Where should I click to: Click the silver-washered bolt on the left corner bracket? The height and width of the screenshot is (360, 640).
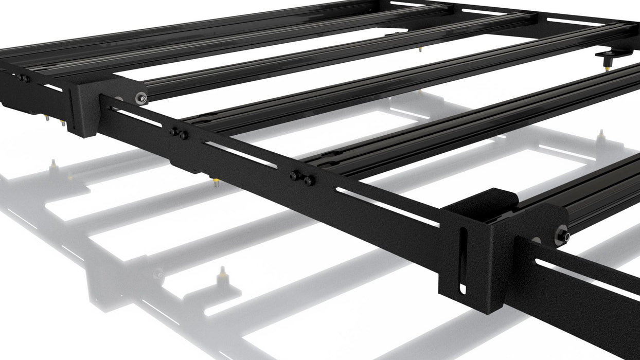pyautogui.click(x=140, y=98)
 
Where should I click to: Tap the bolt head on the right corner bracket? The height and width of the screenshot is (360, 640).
pyautogui.click(x=563, y=236)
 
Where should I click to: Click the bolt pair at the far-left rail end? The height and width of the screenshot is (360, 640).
pyautogui.click(x=23, y=79)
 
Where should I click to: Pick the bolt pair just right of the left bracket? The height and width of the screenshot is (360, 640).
pyautogui.click(x=179, y=134)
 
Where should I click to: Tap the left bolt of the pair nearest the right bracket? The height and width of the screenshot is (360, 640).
pyautogui.click(x=295, y=175)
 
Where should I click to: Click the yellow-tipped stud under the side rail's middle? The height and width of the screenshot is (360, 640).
pyautogui.click(x=216, y=182)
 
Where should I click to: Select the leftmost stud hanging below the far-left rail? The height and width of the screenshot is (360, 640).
pyautogui.click(x=46, y=118)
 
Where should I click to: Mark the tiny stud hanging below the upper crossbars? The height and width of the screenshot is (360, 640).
pyautogui.click(x=420, y=49)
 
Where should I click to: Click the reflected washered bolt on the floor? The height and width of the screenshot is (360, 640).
pyautogui.click(x=158, y=274)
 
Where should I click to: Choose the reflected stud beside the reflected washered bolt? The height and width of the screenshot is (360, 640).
pyautogui.click(x=222, y=273)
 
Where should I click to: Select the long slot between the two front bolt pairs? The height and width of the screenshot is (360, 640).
pyautogui.click(x=242, y=155)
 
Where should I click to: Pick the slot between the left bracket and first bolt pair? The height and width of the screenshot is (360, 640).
pyautogui.click(x=136, y=118)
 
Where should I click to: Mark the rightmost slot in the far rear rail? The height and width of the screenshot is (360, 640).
pyautogui.click(x=571, y=21)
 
